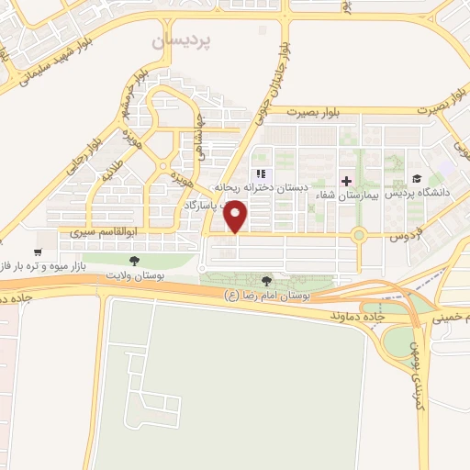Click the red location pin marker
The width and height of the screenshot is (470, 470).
coord(237,217)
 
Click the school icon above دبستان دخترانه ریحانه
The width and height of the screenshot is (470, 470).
coord(261,173)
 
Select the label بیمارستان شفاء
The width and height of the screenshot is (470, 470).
coord(348,196)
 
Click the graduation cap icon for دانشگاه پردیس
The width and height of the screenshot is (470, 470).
coord(417,179)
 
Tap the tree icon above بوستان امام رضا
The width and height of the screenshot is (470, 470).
coord(266,281)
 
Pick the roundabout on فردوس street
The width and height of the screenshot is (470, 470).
coord(359,234)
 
